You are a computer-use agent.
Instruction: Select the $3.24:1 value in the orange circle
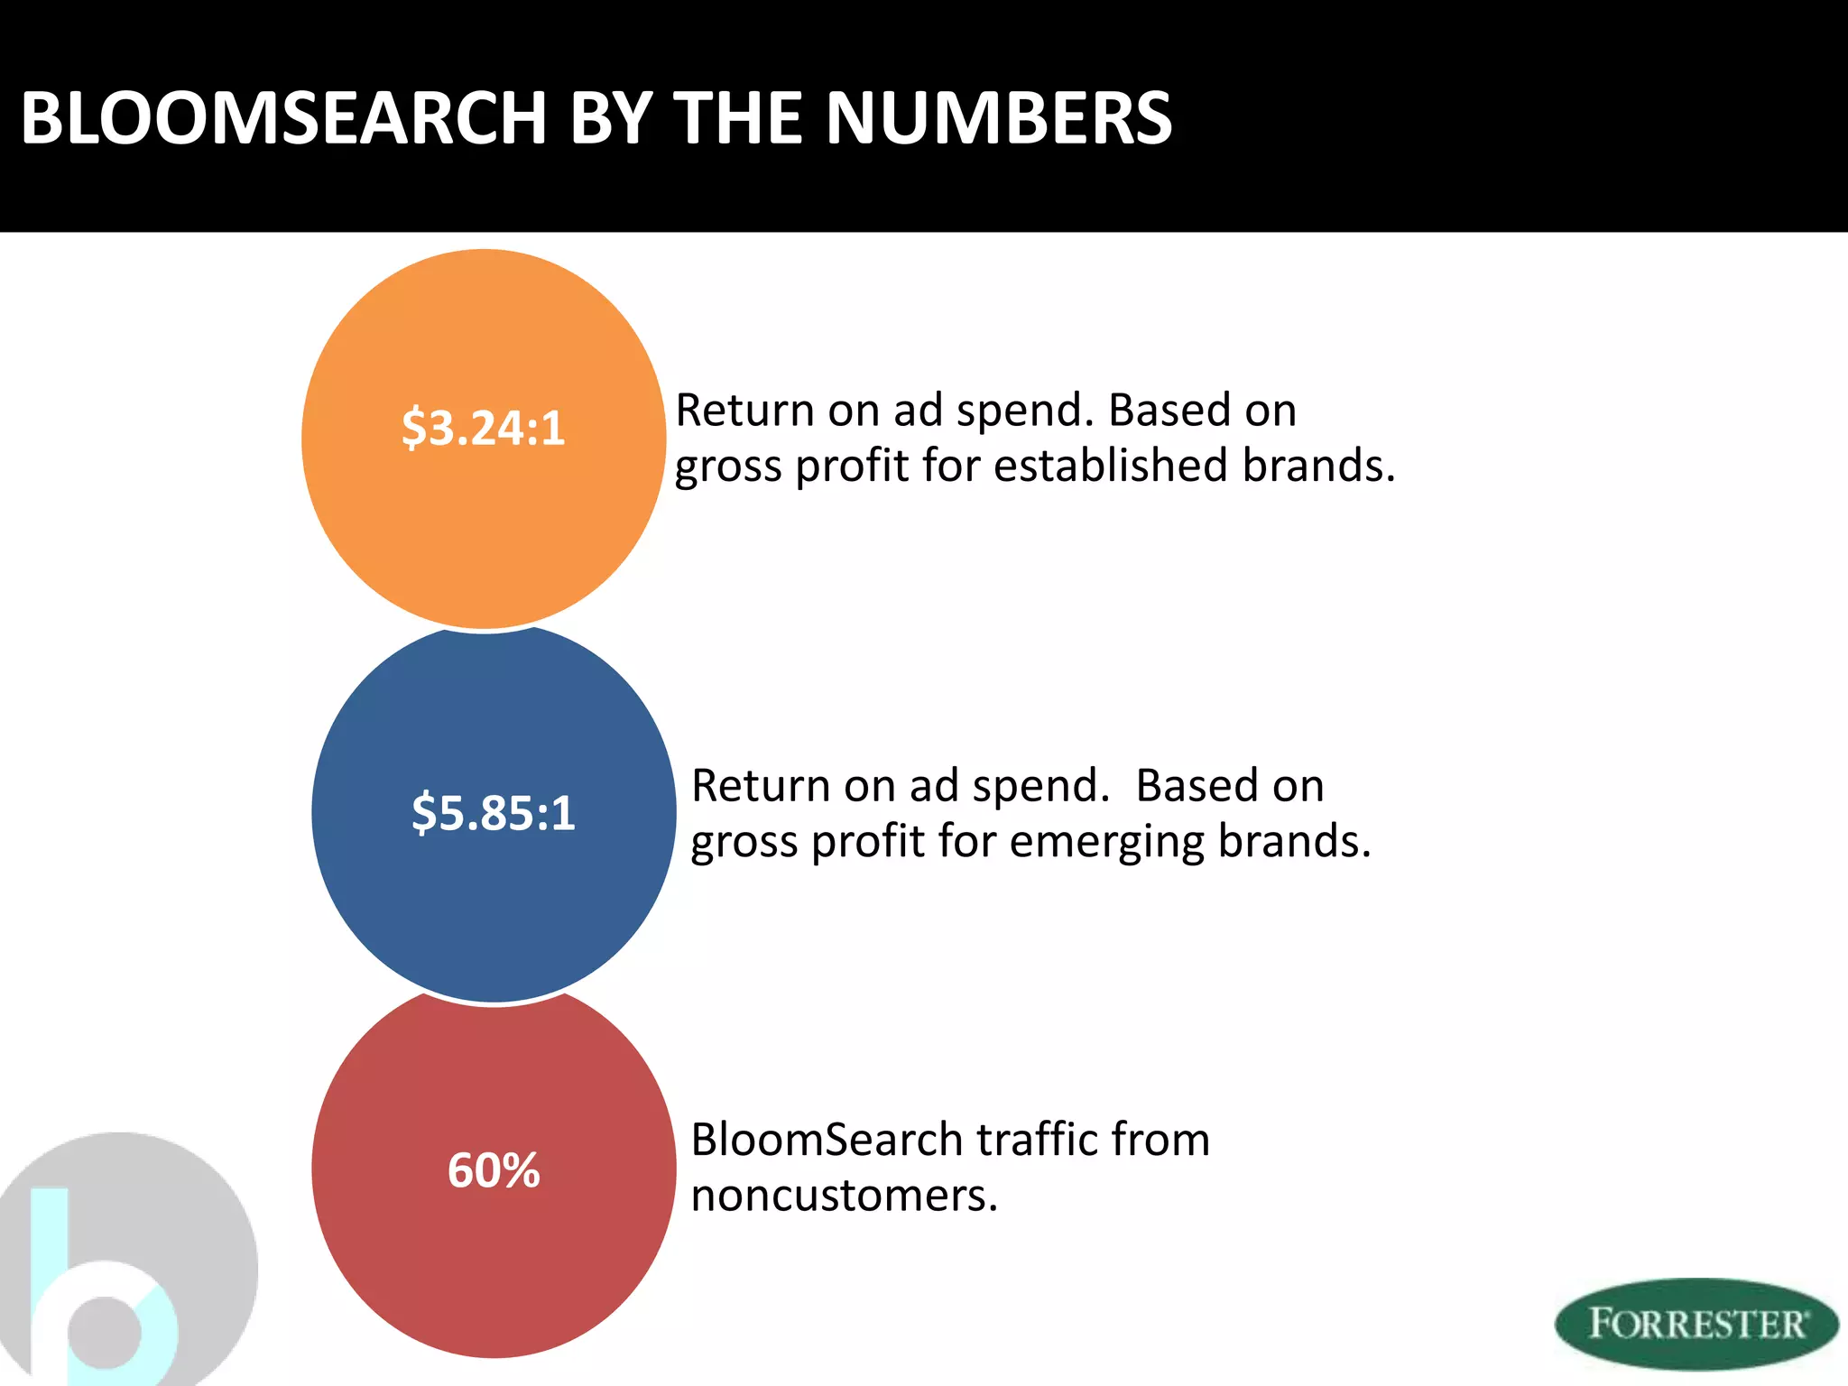(484, 428)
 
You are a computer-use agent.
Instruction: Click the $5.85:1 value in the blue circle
(494, 812)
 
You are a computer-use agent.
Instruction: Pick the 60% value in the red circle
(494, 1170)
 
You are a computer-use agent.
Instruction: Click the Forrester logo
(1696, 1324)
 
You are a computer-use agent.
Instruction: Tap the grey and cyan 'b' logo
(117, 1263)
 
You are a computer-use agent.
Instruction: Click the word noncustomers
(844, 1196)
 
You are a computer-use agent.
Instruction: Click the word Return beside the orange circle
(745, 411)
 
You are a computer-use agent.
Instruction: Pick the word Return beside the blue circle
(762, 786)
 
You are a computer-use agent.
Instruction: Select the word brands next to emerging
(1293, 842)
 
